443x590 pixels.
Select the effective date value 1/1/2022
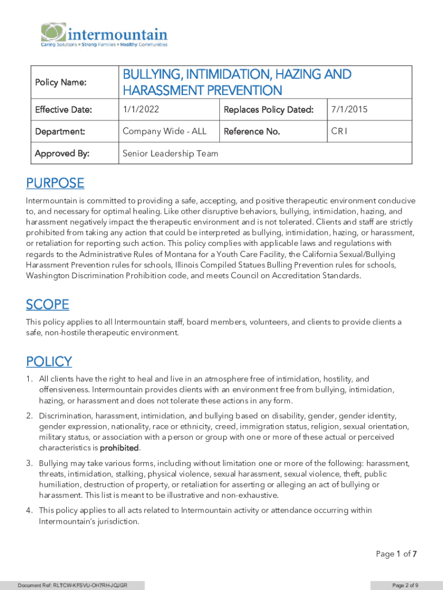(x=141, y=109)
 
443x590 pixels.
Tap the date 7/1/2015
(x=349, y=109)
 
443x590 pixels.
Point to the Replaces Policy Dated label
(x=268, y=109)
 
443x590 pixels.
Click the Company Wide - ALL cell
(x=164, y=131)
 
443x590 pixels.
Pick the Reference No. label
(x=251, y=131)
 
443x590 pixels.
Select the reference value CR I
(x=339, y=131)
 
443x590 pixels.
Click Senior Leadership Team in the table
(x=170, y=153)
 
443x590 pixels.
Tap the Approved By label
(x=58, y=153)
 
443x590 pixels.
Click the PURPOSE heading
(x=55, y=183)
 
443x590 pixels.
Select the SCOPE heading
(x=47, y=304)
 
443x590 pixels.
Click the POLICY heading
(x=49, y=362)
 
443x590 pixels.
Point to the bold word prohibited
(x=120, y=448)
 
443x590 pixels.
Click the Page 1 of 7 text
(x=396, y=554)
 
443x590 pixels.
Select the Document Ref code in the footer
(x=72, y=585)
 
